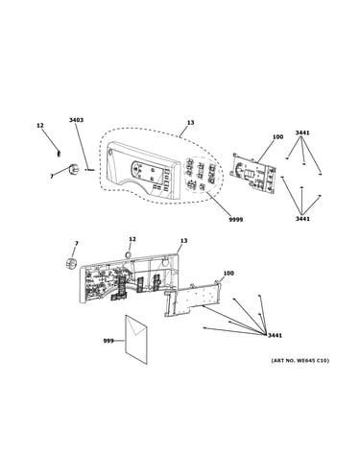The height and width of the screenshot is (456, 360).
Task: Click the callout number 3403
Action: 76,120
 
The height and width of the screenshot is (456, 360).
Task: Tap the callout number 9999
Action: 236,220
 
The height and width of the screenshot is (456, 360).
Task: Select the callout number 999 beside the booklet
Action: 108,341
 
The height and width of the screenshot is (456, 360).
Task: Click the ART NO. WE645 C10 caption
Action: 300,361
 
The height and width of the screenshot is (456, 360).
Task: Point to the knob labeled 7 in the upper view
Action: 73,169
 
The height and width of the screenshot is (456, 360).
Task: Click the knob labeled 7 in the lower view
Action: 72,263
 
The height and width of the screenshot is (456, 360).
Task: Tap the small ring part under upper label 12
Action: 59,154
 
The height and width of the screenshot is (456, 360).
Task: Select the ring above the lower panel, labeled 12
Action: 128,254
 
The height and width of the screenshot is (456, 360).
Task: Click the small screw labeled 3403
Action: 89,170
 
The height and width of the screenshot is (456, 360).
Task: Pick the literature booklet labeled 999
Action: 136,340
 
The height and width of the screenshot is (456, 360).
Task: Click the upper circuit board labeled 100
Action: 252,173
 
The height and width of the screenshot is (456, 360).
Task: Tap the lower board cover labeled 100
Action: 192,299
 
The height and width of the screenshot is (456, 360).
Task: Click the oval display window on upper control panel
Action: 136,169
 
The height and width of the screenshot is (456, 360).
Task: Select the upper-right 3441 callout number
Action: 302,132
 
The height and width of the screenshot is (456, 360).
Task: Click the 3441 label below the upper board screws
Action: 302,219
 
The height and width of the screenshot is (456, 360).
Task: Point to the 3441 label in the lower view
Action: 275,335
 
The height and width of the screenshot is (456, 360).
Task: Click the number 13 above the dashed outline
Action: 191,123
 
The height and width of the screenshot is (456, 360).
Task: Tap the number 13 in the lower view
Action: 183,241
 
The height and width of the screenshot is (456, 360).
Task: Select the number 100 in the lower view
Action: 228,274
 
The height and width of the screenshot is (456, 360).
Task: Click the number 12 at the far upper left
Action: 40,126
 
